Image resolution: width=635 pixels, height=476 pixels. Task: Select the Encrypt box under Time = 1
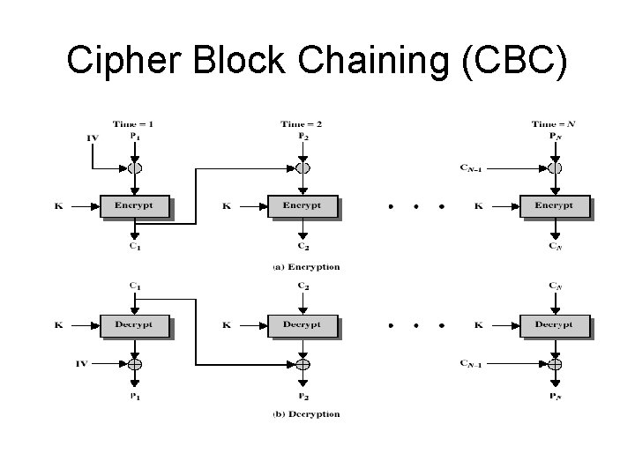pos(134,206)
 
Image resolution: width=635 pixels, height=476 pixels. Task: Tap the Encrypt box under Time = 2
pos(303,206)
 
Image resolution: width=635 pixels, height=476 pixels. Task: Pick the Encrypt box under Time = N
pos(554,206)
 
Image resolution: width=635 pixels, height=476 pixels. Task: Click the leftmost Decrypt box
pos(134,324)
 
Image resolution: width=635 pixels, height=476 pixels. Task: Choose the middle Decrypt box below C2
pos(303,324)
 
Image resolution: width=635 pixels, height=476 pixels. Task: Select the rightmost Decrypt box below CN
pos(554,324)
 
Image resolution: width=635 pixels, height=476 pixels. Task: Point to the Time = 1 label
pos(133,126)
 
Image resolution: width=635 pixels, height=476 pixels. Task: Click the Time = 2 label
pos(302,126)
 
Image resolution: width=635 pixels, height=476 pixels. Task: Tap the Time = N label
pos(553,126)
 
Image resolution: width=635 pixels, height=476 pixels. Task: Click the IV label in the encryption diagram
pos(93,138)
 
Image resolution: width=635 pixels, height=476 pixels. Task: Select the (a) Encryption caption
pos(306,266)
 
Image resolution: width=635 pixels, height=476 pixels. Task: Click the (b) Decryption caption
pos(306,413)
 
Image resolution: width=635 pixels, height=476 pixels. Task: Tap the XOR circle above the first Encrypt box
pos(134,167)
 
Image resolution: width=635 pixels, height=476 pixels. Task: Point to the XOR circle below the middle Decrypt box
pos(303,363)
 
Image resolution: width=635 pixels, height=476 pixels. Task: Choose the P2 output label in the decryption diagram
pos(303,398)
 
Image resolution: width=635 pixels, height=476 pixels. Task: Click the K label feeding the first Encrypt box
pos(58,206)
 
